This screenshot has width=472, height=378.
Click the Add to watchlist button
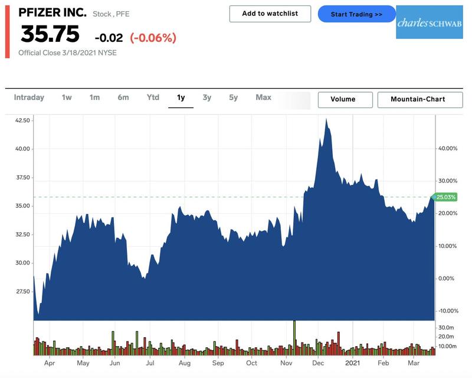coord(270,14)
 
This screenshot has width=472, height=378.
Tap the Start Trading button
coord(356,14)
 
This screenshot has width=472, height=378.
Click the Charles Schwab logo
coord(429,22)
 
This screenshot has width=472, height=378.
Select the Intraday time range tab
coord(29,97)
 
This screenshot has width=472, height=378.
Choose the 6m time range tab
coord(123,97)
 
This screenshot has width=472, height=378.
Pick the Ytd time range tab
coord(153,97)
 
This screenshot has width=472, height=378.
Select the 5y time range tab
coord(234,97)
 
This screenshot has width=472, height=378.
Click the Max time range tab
coord(263,97)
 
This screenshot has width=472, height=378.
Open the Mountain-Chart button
coord(418,99)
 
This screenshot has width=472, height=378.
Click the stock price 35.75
coord(50,35)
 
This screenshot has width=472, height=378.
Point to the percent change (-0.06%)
coord(153,38)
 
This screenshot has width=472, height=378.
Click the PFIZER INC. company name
coord(53,12)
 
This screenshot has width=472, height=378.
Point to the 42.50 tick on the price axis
coord(22,120)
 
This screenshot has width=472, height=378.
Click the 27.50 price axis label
coord(22,292)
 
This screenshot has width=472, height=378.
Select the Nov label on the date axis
coord(286,363)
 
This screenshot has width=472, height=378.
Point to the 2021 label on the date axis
coord(353,363)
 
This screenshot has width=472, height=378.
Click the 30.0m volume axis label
coord(446,327)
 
